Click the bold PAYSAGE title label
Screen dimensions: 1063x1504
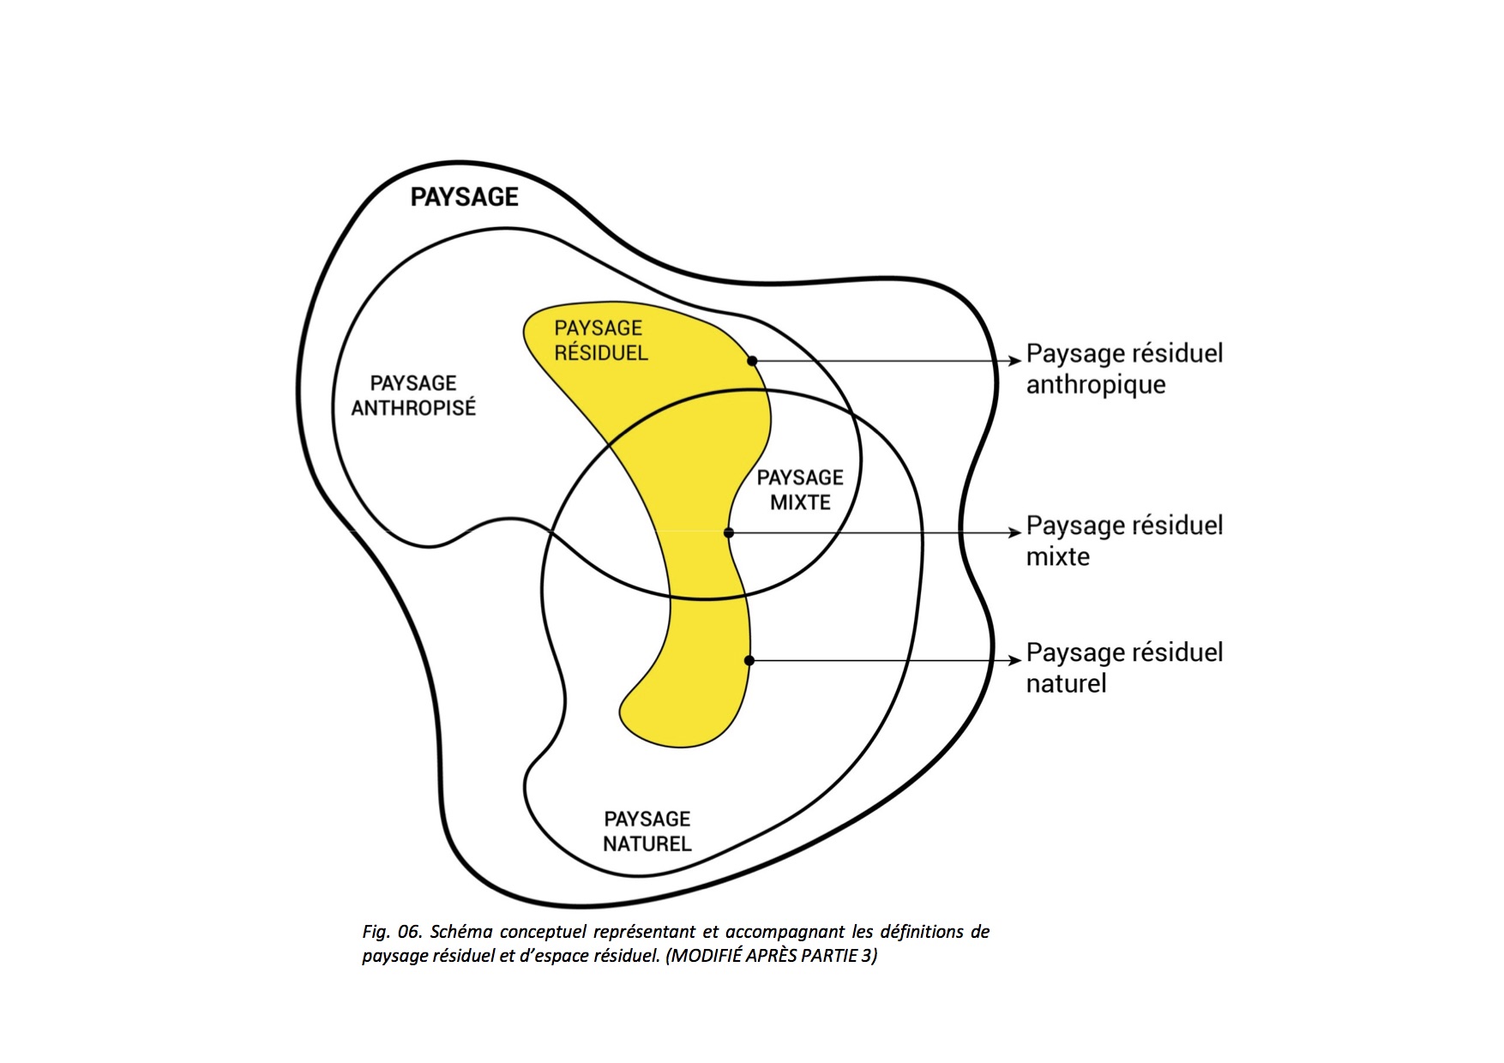[x=464, y=197]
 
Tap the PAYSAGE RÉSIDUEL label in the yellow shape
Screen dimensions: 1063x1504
[x=600, y=340]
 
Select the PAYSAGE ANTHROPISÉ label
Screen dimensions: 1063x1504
[x=413, y=395]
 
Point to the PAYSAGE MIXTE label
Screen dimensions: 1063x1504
[x=800, y=489]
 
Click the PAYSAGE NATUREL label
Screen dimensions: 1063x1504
[x=647, y=832]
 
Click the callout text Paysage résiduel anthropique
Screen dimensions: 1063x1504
[x=1123, y=369]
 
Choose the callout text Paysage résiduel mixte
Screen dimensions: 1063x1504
[x=1123, y=540]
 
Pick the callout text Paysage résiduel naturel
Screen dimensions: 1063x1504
[x=1123, y=667]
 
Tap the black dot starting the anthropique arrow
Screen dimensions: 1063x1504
[x=752, y=361]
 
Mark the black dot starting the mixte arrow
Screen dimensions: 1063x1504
[x=729, y=533]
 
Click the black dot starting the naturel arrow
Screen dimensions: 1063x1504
[x=749, y=660]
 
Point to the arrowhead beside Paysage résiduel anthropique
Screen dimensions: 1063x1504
[x=1015, y=361]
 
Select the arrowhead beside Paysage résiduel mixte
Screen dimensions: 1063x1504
[x=1015, y=533]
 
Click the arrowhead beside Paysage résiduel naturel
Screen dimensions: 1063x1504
[x=1015, y=661]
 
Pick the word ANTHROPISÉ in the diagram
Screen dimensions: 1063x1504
[x=413, y=408]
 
